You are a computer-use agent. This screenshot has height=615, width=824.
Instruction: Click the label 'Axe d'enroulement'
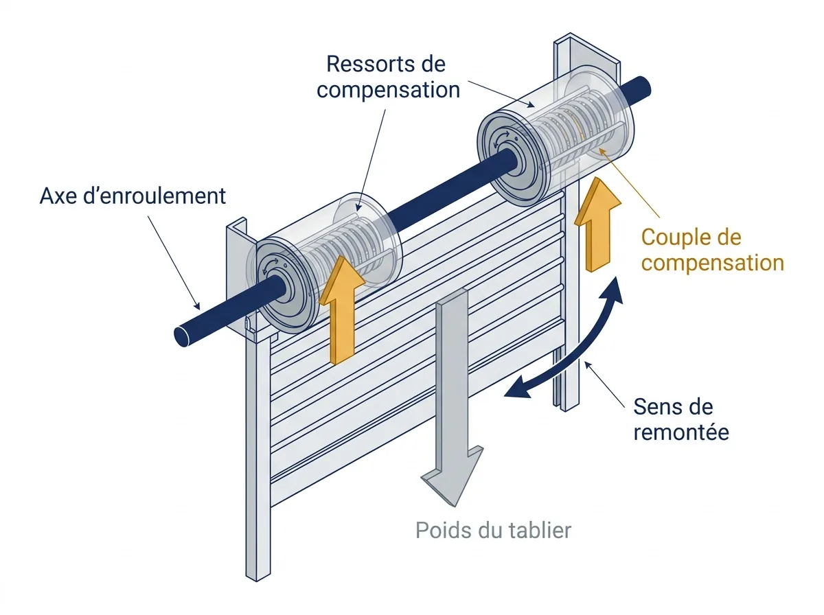pyautogui.click(x=133, y=196)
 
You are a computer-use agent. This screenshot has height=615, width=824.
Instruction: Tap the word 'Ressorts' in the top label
pyautogui.click(x=363, y=64)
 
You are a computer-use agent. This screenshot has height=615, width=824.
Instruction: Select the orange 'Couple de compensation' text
pyautogui.click(x=713, y=250)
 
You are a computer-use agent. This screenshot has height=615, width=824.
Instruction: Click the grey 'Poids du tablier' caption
pyautogui.click(x=493, y=531)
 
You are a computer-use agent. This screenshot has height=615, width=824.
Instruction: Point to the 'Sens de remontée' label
pyautogui.click(x=681, y=419)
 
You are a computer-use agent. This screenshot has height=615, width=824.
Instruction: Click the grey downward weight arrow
pyautogui.click(x=452, y=397)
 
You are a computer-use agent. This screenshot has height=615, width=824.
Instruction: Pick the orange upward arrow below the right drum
pyautogui.click(x=597, y=224)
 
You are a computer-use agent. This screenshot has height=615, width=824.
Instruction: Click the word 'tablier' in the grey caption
pyautogui.click(x=540, y=531)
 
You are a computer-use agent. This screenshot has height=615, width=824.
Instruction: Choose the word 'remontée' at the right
pyautogui.click(x=681, y=432)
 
